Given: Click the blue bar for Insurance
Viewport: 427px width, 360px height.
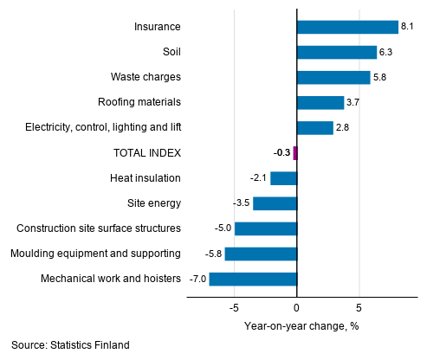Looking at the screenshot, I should [347, 27].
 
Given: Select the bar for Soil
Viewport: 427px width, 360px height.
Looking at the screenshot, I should [336, 52].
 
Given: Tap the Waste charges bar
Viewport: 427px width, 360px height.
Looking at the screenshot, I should [333, 77].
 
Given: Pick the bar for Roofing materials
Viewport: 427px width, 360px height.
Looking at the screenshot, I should [320, 103].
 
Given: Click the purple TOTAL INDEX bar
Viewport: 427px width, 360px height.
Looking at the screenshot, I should [295, 153].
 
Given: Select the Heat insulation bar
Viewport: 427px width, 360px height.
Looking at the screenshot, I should [283, 178].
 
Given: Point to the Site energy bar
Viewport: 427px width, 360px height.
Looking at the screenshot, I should [275, 203].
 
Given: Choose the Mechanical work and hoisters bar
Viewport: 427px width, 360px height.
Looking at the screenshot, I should [253, 279].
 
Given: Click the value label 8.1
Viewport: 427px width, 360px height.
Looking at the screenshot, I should [406, 27].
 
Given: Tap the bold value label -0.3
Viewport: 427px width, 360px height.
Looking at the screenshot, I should [281, 153].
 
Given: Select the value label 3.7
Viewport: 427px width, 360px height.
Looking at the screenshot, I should [353, 103].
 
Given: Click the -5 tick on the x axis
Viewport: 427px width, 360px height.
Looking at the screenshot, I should [234, 307].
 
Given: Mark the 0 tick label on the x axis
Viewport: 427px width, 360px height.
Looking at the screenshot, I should [296, 307].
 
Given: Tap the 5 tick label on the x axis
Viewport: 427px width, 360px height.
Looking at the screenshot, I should [359, 307].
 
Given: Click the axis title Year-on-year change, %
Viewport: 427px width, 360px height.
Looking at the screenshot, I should [301, 326].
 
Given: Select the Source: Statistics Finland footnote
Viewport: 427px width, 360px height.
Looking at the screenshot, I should [70, 345].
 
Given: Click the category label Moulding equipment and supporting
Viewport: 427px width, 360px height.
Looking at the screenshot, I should [95, 254].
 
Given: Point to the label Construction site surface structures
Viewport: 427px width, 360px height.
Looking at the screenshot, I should [99, 228].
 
